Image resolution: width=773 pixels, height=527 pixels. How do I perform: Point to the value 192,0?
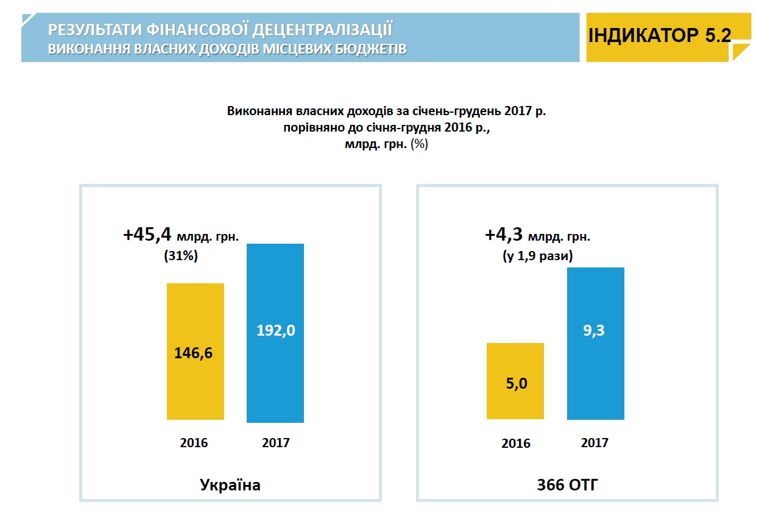(x=275, y=331)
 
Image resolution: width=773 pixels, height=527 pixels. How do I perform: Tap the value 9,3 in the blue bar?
(x=595, y=331)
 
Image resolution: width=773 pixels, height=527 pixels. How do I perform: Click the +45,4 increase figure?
(x=148, y=235)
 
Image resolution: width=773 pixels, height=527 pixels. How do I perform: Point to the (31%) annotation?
(x=181, y=256)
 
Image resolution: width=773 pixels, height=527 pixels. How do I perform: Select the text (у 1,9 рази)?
(x=537, y=256)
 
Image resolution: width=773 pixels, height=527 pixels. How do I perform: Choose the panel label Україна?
(x=230, y=485)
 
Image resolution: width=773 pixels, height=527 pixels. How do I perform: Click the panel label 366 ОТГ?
(x=567, y=485)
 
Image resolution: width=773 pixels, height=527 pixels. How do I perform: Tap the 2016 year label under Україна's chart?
(x=194, y=442)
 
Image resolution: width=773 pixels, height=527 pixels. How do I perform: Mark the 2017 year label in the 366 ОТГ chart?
(x=595, y=442)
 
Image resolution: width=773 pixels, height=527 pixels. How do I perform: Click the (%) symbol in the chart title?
(x=420, y=144)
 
